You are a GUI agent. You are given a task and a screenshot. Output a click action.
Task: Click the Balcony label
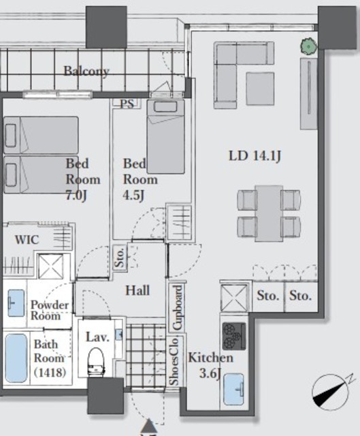[86, 71]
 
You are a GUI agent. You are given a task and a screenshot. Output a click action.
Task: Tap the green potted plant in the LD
[308, 46]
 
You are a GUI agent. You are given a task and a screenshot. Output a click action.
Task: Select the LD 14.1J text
[255, 156]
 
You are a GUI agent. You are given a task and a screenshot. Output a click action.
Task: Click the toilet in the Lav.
[96, 361]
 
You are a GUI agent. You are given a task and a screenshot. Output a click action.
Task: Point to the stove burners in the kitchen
[234, 336]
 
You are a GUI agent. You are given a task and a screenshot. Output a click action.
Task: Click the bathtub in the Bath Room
[16, 358]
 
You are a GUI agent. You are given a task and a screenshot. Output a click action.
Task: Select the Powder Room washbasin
[16, 303]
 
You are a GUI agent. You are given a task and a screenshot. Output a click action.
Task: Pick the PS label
[127, 104]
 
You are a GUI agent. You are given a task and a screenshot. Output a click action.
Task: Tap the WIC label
[27, 240]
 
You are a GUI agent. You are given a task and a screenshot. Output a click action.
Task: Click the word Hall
[137, 291]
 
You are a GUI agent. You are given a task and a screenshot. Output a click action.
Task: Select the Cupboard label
[178, 307]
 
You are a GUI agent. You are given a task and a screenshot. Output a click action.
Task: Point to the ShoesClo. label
[175, 362]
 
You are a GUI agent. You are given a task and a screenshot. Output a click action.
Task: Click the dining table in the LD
[269, 213]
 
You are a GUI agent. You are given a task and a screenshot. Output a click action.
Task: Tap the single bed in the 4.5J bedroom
[165, 136]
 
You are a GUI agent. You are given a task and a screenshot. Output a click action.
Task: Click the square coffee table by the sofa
[260, 89]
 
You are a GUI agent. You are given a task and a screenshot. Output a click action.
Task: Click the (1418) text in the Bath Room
[50, 372]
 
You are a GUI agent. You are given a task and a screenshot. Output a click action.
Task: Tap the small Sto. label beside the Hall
[120, 258]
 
